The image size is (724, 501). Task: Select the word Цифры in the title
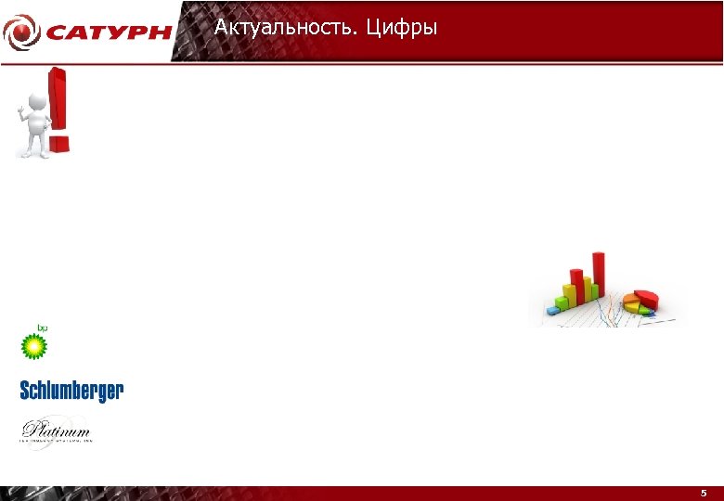401,29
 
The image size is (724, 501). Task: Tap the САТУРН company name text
109,32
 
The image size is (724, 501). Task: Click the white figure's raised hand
20,112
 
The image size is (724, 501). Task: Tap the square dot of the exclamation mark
58,144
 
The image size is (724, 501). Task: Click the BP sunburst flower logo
34,347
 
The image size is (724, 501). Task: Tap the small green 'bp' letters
42,328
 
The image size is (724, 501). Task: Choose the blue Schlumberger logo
71,391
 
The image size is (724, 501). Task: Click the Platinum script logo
57,431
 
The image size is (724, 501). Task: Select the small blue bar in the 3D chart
553,310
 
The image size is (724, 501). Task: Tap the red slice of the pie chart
647,297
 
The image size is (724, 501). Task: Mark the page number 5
703,494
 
